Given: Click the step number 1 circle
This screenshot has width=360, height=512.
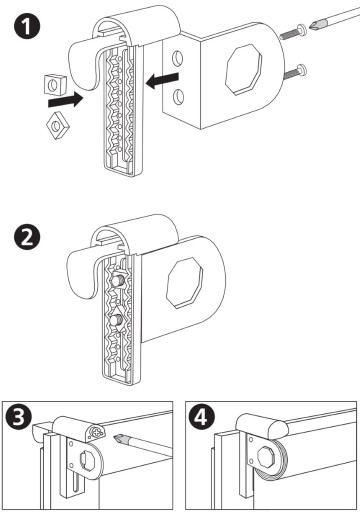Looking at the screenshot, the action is coord(27,26).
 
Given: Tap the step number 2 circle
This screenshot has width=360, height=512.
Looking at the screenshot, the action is coord(27,237).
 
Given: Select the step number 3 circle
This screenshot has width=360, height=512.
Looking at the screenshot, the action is coord(19,418).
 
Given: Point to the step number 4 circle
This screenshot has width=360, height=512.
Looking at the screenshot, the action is coord(202,417).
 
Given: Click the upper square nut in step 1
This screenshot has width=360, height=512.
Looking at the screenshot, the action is coord(54,84).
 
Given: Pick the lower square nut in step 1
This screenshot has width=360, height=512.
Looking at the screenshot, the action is coord(58,125).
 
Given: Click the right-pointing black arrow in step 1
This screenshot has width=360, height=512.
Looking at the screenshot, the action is coord(66,99).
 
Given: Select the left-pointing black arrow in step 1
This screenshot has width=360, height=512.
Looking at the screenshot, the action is coord(163,80).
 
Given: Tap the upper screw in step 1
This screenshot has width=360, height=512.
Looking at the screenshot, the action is coord(293,32).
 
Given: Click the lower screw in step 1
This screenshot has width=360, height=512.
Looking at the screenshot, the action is coord(296,72).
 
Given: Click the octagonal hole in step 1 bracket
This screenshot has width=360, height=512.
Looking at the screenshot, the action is coord(243,70).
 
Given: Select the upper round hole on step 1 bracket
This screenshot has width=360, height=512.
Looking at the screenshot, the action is coord(177,59).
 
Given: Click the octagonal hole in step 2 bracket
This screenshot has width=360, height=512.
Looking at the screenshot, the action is coord(185,282).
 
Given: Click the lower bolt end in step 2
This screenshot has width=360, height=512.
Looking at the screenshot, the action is coord(116,322).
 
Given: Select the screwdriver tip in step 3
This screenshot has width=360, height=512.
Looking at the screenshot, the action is coord(119,438).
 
